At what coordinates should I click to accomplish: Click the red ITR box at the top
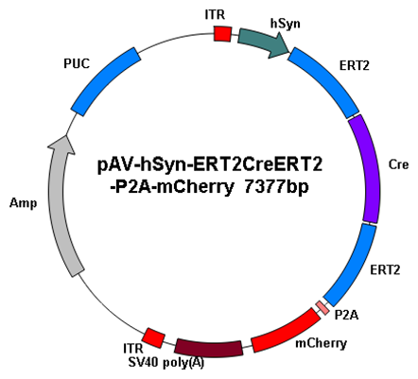pos(222,33)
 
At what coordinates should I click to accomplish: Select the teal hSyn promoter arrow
pos(264,43)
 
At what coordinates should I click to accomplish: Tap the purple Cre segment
pos(366,169)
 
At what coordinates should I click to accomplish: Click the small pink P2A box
pos(322,307)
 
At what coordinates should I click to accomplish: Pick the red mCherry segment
pos(286,331)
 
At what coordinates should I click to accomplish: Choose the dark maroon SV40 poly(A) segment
pos(209,349)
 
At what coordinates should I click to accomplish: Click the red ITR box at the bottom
pos(153,337)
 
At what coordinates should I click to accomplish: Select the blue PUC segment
pos(106,81)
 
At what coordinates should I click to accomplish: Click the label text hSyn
pos(286,25)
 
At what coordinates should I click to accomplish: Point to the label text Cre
pos(398,164)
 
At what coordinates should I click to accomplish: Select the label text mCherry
pos(321,343)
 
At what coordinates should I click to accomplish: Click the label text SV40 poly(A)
pos(166,363)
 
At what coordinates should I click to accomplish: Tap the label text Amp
pos(23,203)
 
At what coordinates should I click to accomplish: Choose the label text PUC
pos(77,63)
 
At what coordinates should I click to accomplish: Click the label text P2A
pos(346,315)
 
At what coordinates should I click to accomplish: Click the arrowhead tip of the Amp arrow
pos(66,135)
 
